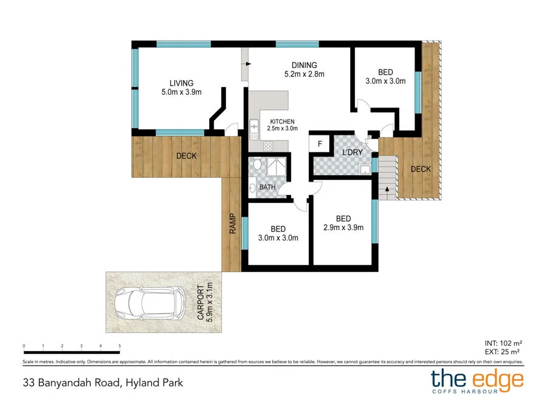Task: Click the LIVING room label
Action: pos(181,84)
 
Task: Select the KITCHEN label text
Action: pos(283,121)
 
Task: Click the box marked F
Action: pos(318,143)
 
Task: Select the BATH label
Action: pos(267,187)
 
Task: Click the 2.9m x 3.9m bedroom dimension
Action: pos(343,228)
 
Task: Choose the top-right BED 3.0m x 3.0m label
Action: pos(385,77)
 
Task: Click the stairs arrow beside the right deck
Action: pos(385,190)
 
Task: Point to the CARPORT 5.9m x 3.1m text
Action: pos(204,301)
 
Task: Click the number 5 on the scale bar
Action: pos(120,346)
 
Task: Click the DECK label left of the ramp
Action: pos(187,156)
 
